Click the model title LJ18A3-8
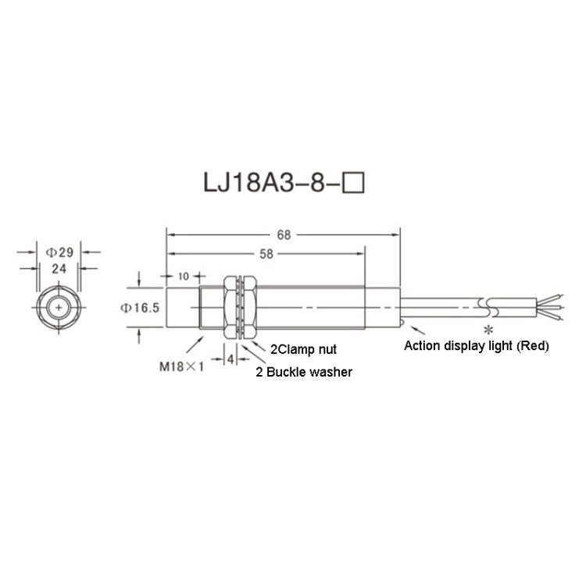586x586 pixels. (x=270, y=184)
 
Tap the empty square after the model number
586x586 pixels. (x=356, y=184)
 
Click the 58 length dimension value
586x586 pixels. (x=266, y=254)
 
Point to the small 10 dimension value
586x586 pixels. (x=184, y=277)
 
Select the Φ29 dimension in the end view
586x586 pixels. (x=59, y=252)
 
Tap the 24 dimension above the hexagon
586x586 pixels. (x=59, y=267)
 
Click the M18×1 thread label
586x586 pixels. (x=180, y=364)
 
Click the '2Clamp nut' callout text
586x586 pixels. (x=303, y=350)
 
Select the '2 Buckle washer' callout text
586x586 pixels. (x=304, y=373)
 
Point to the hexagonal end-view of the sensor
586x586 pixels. (x=59, y=308)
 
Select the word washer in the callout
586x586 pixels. (x=331, y=373)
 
